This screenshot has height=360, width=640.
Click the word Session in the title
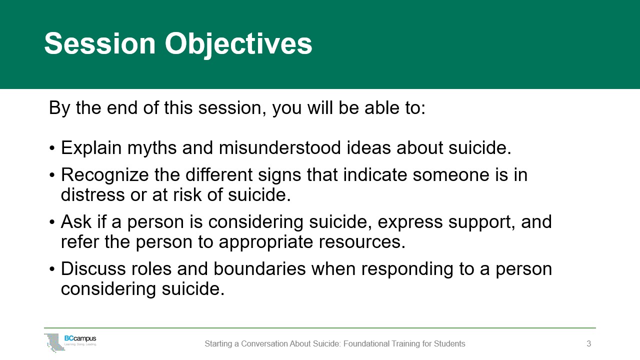coord(100,43)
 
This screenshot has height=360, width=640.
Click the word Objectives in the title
coord(238,45)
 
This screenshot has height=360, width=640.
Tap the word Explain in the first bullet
coord(91,148)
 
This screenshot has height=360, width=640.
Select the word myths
coord(152,148)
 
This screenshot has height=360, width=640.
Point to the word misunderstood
coord(279,147)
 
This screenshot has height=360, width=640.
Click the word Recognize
coord(105,175)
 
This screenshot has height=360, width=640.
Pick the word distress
coord(93,195)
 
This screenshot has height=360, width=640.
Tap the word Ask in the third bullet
coord(76,221)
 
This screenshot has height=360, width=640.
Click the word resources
coord(362,242)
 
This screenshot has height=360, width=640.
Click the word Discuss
coord(93,269)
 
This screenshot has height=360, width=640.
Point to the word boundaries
coord(259,269)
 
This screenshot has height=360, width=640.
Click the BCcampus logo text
coord(80,338)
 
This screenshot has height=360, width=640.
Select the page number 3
coord(589,343)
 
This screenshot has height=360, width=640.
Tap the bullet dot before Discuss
coord(51,269)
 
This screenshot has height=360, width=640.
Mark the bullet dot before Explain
coord(51,148)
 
